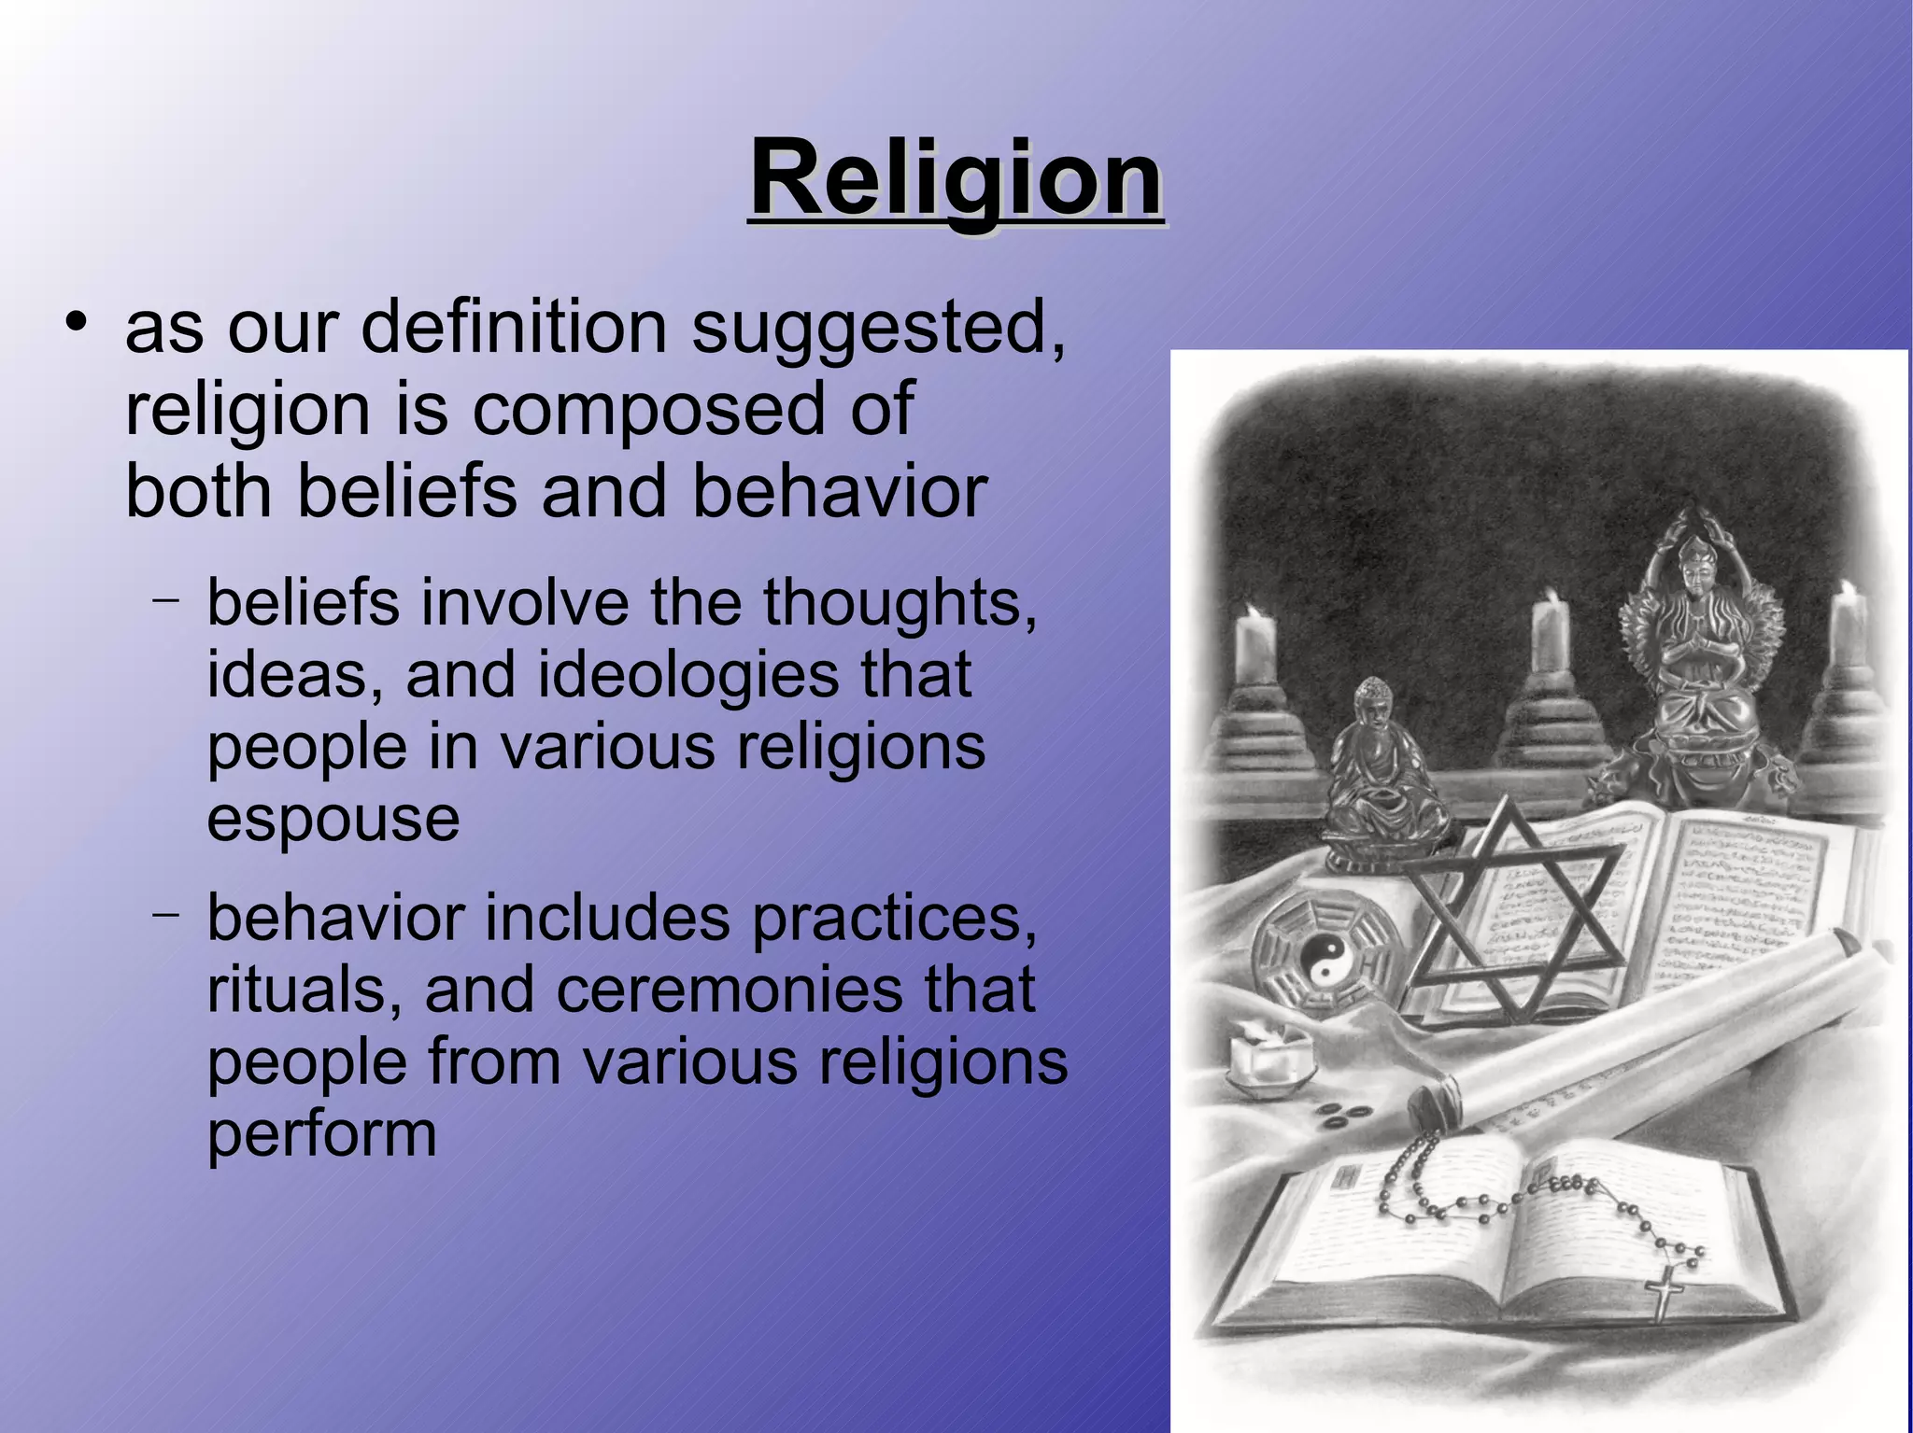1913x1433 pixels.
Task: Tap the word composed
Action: click(648, 409)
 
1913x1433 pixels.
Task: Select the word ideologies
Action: click(688, 675)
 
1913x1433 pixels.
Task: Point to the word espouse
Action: click(333, 819)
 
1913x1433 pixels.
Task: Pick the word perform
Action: click(321, 1135)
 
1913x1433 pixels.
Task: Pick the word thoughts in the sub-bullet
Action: click(900, 603)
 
